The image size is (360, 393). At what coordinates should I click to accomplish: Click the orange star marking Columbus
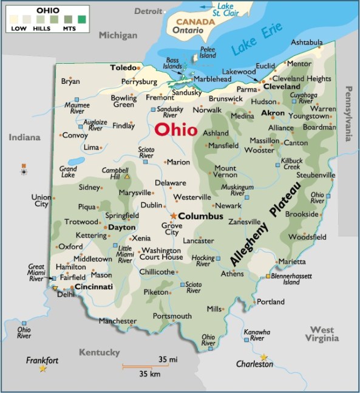(x=174, y=216)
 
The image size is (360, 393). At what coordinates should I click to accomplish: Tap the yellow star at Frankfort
(x=42, y=369)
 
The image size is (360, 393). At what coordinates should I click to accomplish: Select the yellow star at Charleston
(x=263, y=357)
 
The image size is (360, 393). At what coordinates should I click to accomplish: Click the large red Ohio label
(x=175, y=129)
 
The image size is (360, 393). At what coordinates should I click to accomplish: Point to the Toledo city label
(x=123, y=68)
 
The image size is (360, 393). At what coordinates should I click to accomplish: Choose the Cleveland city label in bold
(x=282, y=87)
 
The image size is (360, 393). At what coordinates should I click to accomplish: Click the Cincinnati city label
(x=93, y=286)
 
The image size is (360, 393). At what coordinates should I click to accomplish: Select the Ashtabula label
(x=307, y=43)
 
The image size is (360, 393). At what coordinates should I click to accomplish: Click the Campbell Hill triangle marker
(x=127, y=177)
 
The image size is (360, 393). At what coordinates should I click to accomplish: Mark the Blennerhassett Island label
(x=293, y=279)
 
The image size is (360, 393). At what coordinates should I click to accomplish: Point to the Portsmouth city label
(x=172, y=316)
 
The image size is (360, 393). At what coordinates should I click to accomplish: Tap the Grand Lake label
(x=67, y=171)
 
